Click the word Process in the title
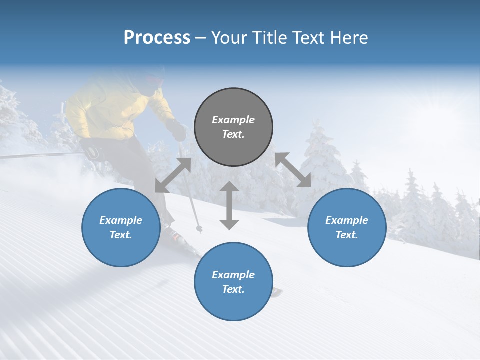tap(157, 38)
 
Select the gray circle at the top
tap(233, 127)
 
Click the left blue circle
tap(121, 227)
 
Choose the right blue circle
tap(347, 227)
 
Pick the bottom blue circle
tap(233, 281)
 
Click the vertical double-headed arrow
tap(229, 205)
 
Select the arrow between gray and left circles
tap(173, 175)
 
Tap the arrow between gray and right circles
tap(293, 170)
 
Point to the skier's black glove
tap(178, 131)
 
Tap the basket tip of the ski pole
tap(199, 229)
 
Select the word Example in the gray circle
tap(233, 120)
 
